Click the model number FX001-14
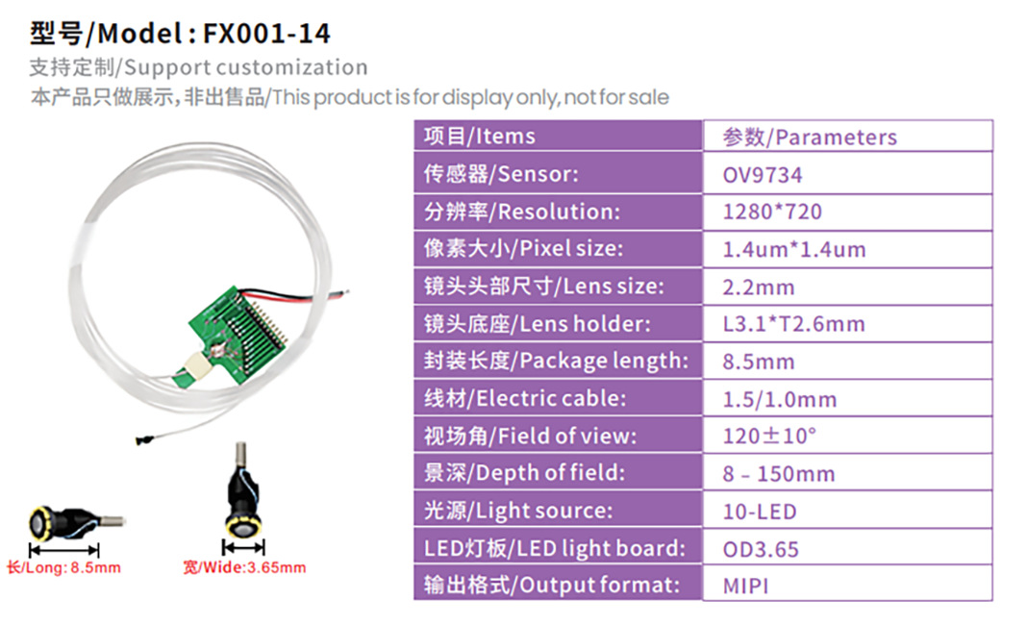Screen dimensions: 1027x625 [x=266, y=34]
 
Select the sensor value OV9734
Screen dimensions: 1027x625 [x=762, y=175]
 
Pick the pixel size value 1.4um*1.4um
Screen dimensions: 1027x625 [x=793, y=250]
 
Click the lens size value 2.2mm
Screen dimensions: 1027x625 [x=759, y=287]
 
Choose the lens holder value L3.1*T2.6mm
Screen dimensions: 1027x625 [x=793, y=324]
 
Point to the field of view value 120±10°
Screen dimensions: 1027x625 [x=769, y=436]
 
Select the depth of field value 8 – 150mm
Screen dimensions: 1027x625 [x=778, y=473]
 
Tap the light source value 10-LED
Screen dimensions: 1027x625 [x=759, y=511]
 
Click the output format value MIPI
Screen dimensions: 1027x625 [x=745, y=585]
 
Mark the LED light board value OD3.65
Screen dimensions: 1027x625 [x=761, y=548]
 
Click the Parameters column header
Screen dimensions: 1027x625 [x=810, y=137]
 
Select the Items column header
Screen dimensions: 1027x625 [x=479, y=137]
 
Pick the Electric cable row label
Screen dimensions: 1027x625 [x=525, y=398]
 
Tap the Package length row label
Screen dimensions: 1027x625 [x=556, y=361]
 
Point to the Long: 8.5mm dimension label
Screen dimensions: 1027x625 [x=63, y=567]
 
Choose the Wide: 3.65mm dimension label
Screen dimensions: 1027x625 [x=244, y=567]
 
